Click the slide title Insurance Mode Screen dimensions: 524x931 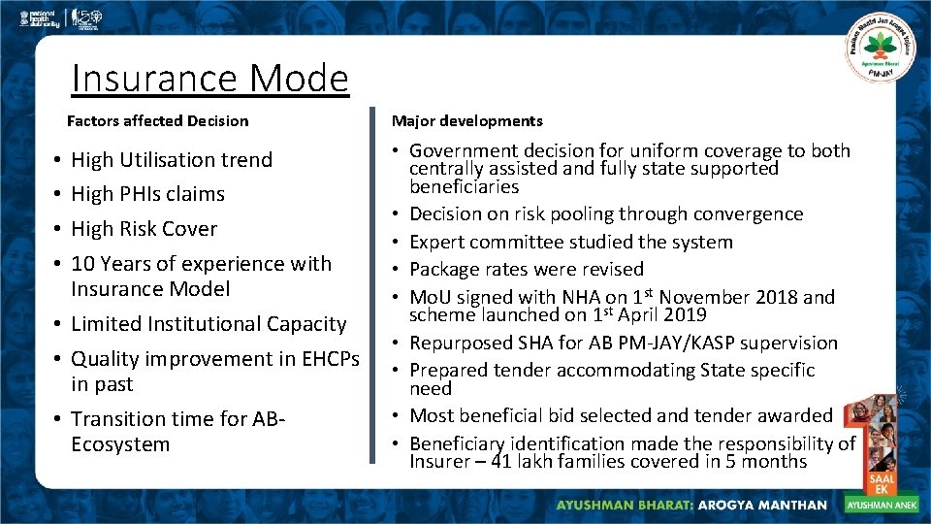click(x=209, y=79)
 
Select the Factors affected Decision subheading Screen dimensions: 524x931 click(x=157, y=121)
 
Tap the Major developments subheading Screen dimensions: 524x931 click(x=466, y=121)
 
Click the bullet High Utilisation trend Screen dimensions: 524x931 click(x=172, y=159)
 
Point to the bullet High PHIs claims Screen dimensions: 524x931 click(x=147, y=194)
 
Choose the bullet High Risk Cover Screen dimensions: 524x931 click(x=144, y=229)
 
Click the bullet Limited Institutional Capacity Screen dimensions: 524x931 click(x=209, y=324)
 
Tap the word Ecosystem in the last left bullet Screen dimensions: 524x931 click(x=120, y=445)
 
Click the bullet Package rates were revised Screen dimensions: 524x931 click(x=526, y=269)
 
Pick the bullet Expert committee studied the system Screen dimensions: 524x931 click(x=570, y=242)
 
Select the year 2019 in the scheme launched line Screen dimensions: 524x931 click(x=685, y=315)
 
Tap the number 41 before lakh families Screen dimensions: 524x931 click(x=501, y=462)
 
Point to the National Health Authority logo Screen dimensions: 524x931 click(x=29, y=18)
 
